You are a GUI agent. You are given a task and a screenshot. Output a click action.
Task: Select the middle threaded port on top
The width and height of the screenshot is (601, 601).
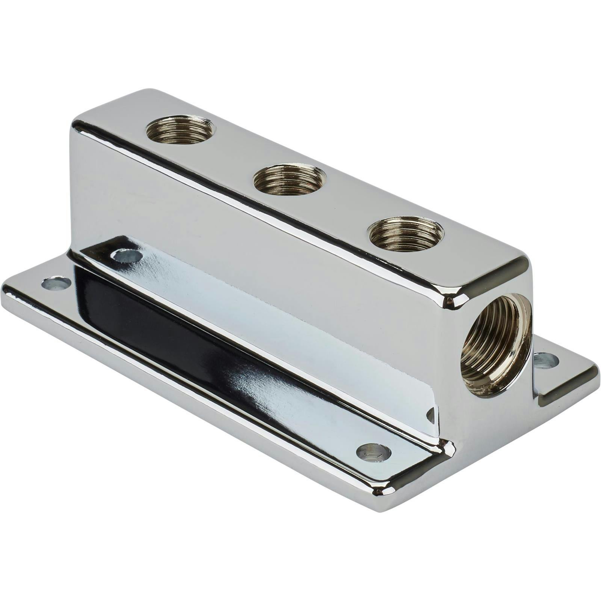[x=289, y=179]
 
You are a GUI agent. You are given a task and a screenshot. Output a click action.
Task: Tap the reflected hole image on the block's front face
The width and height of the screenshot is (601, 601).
[x=128, y=256]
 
